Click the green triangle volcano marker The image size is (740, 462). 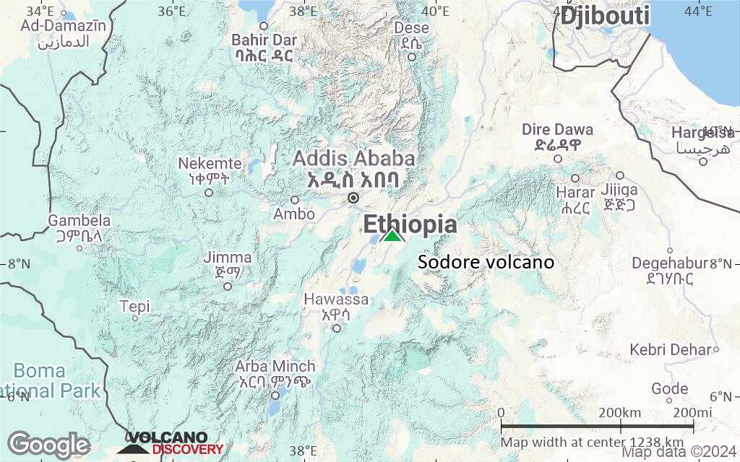click(392, 235)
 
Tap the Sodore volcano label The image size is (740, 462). click(486, 262)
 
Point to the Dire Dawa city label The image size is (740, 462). click(557, 130)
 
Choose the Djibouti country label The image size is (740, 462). click(606, 15)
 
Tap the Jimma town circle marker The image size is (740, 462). click(228, 287)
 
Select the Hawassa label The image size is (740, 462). click(336, 299)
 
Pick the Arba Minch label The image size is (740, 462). click(275, 366)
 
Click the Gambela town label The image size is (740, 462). click(79, 220)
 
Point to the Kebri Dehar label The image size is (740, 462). click(671, 350)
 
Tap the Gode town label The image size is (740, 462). click(669, 389)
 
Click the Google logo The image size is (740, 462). click(48, 445)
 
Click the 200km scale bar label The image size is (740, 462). click(620, 412)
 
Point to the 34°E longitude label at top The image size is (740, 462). click(40, 11)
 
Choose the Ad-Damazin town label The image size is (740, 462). click(64, 26)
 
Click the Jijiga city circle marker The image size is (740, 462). click(620, 175)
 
